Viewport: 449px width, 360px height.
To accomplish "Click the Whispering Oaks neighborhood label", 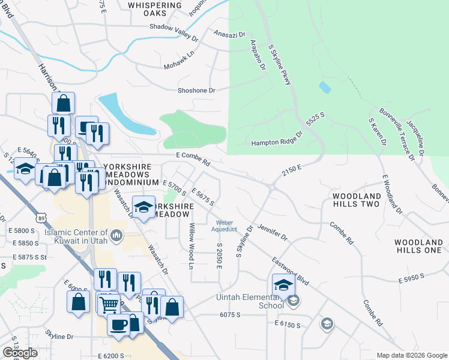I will (x=155, y=10).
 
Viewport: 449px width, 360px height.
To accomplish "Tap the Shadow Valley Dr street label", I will (x=174, y=32).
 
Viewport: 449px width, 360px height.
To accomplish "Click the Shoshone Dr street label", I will (x=196, y=91).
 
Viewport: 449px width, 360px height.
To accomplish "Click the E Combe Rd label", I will (x=193, y=159).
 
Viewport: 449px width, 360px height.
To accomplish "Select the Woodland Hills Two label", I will (x=357, y=200).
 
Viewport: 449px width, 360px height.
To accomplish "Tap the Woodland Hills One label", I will (x=418, y=246).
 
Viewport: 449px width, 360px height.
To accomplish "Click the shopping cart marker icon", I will (x=108, y=304).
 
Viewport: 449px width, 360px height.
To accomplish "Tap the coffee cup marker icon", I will (x=118, y=324).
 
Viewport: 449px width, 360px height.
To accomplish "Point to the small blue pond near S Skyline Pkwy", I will (x=325, y=88).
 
